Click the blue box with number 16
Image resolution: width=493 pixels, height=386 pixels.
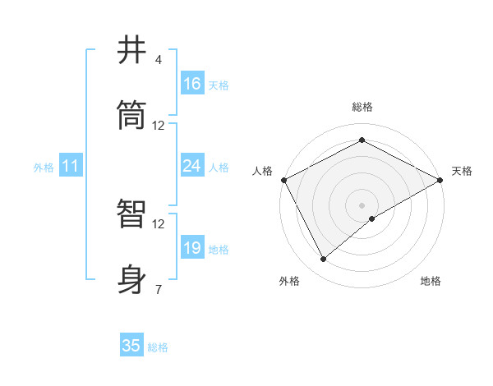(x=192, y=84)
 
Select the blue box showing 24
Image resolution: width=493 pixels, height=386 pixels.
(x=192, y=166)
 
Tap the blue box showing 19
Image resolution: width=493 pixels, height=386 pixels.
(x=192, y=248)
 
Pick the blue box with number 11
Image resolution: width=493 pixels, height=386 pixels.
(x=71, y=166)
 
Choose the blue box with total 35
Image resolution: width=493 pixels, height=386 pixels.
(x=131, y=346)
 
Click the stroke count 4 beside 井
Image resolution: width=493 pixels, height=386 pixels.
(x=159, y=60)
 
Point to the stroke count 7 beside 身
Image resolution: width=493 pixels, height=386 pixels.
(x=159, y=289)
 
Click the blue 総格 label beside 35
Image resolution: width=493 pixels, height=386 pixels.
(x=158, y=347)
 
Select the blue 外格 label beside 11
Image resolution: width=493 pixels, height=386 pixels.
(x=44, y=167)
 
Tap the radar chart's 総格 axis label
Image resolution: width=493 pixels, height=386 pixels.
(x=362, y=107)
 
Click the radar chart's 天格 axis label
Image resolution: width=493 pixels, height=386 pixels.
(x=462, y=171)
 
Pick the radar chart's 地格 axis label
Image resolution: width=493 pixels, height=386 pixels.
(x=431, y=282)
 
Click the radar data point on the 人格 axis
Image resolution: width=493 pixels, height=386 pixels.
(x=283, y=179)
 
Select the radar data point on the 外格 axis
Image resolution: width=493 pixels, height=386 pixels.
(x=324, y=259)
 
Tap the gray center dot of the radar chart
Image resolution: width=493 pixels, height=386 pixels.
(x=362, y=204)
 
